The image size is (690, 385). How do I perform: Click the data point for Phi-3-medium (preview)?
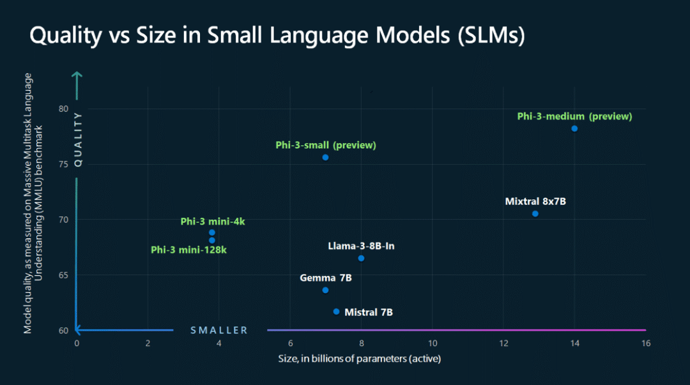574,128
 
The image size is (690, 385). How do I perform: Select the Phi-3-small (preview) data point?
325,158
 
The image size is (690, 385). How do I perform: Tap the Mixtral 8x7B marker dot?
535,214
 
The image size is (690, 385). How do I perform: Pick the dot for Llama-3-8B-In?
361,259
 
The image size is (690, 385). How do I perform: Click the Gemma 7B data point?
325,290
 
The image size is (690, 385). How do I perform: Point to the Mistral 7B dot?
336,312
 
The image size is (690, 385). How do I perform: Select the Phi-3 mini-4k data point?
211,232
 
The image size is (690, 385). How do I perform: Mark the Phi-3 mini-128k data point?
211,240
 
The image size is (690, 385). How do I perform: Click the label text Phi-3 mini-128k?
188,250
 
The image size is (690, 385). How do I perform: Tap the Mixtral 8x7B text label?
535,202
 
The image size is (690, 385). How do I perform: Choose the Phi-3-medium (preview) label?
575,117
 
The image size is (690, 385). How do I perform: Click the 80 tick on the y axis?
64,109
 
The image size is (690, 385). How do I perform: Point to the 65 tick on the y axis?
64,275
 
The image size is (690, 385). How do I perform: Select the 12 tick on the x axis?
503,343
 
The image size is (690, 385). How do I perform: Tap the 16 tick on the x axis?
645,343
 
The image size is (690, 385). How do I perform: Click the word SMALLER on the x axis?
219,331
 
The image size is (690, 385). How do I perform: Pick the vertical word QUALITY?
78,139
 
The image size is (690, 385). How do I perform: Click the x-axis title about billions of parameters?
360,359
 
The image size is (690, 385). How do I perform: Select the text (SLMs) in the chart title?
491,35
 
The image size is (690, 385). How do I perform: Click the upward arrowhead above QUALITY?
77,76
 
